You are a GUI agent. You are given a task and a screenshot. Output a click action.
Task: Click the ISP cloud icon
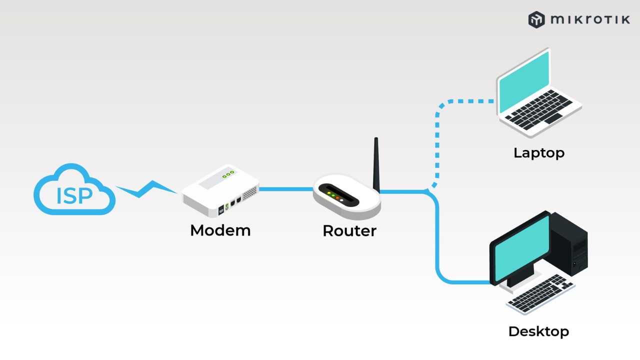click(x=74, y=190)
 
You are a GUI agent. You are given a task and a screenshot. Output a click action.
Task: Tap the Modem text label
click(x=220, y=230)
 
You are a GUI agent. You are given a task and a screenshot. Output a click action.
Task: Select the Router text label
click(x=349, y=231)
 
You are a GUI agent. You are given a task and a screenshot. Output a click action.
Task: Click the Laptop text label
click(x=538, y=152)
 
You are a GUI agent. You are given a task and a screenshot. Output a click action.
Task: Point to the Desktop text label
click(x=538, y=331)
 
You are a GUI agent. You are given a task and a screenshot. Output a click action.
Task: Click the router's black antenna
click(x=376, y=162)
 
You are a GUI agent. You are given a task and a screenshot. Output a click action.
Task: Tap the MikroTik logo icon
click(x=536, y=19)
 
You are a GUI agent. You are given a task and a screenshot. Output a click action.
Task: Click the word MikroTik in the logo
click(x=590, y=19)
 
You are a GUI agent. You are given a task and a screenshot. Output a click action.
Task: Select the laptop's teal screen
click(x=523, y=82)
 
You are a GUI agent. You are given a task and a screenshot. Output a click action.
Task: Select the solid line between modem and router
click(x=285, y=189)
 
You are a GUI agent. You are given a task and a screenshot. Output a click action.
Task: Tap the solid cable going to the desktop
click(x=438, y=240)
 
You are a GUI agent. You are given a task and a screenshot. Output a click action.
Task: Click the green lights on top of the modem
click(x=228, y=173)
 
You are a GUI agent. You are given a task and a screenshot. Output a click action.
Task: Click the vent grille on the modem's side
click(x=250, y=191)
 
